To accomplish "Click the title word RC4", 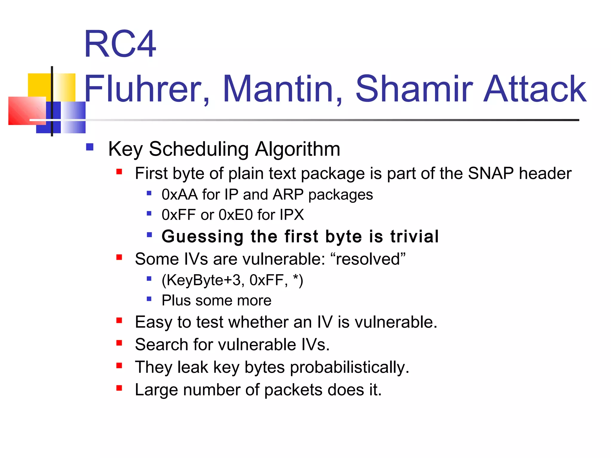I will pyautogui.click(x=120, y=44).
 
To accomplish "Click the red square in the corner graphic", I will pyautogui.click(x=25, y=110).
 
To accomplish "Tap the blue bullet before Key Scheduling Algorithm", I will pyautogui.click(x=90, y=147).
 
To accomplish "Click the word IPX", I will pyautogui.click(x=292, y=215).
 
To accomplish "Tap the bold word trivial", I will pyautogui.click(x=414, y=236).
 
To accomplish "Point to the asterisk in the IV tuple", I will pyautogui.click(x=296, y=278).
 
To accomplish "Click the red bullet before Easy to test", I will pyautogui.click(x=119, y=321).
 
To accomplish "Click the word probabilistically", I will pyautogui.click(x=349, y=367).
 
